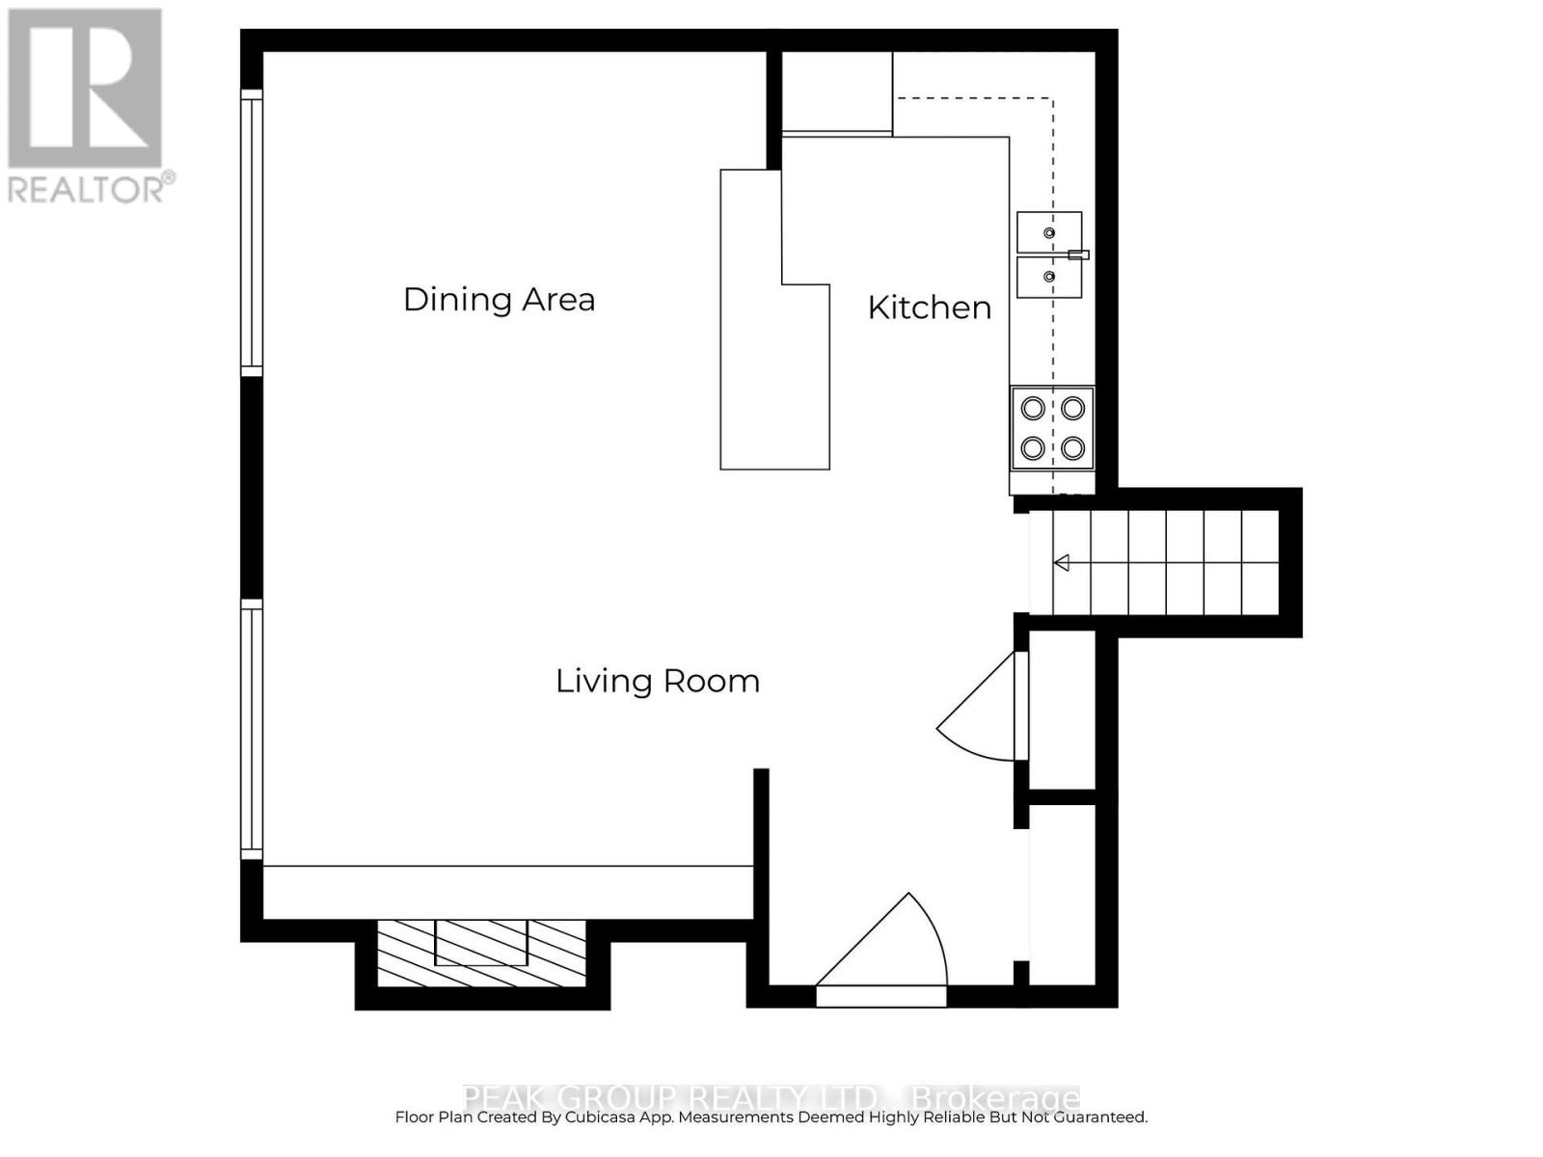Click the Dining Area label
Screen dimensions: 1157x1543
point(499,300)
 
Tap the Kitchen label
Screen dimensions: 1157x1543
point(929,308)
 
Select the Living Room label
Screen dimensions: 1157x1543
point(657,682)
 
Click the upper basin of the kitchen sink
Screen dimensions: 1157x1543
point(1049,232)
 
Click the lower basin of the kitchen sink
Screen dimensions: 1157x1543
point(1049,278)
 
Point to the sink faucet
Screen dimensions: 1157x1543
point(1079,255)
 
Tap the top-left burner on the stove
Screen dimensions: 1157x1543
point(1033,409)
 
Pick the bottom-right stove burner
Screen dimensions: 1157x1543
point(1072,448)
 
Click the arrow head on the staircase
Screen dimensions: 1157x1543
point(1062,563)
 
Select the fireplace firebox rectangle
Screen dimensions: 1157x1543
point(481,942)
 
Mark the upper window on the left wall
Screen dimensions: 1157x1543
point(251,231)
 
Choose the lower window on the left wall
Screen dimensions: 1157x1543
point(251,728)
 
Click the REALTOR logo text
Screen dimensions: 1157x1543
point(91,188)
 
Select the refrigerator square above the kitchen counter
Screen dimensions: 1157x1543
point(836,92)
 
